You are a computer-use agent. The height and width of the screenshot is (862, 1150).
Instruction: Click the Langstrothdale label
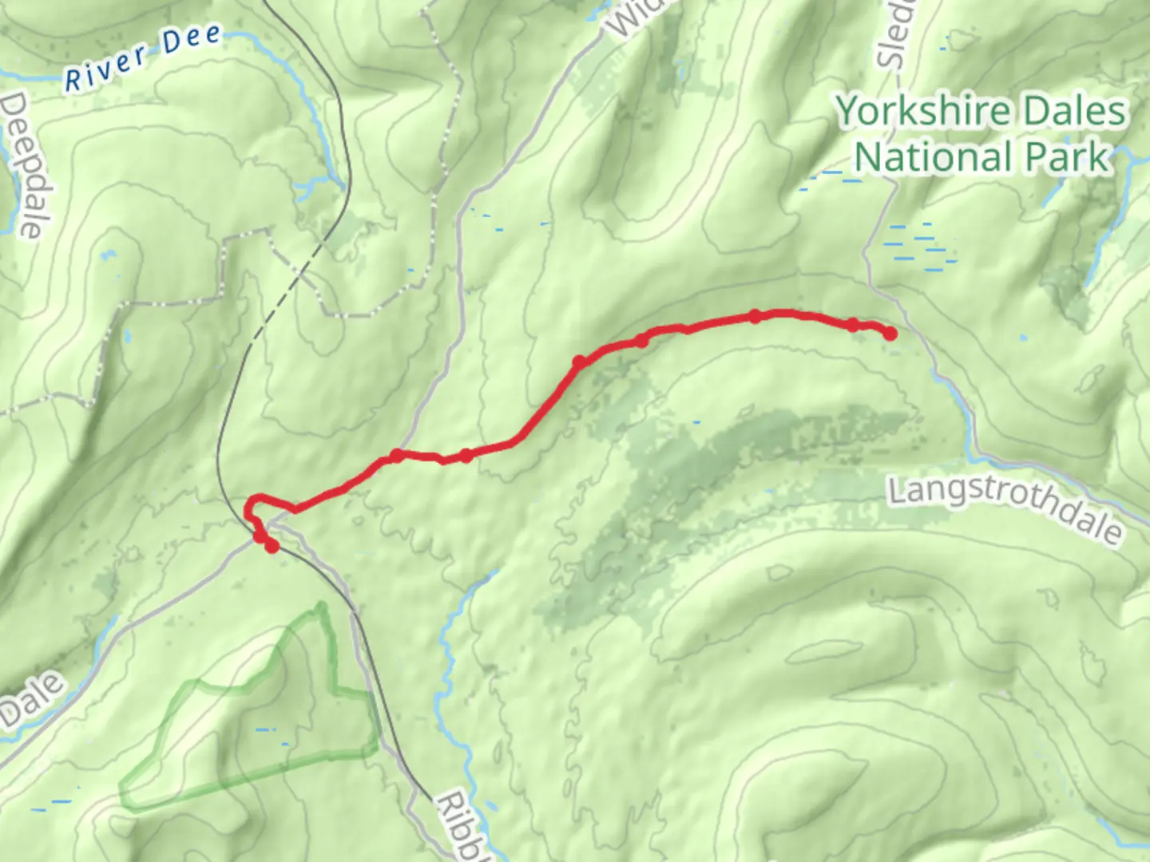(1005, 508)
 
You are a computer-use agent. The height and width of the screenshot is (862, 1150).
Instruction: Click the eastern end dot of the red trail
(889, 334)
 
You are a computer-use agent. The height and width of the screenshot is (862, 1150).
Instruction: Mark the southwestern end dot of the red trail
(272, 546)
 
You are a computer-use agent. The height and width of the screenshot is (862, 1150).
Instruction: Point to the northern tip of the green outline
(321, 607)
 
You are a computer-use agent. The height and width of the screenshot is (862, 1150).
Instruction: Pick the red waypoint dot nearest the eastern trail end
(853, 325)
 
